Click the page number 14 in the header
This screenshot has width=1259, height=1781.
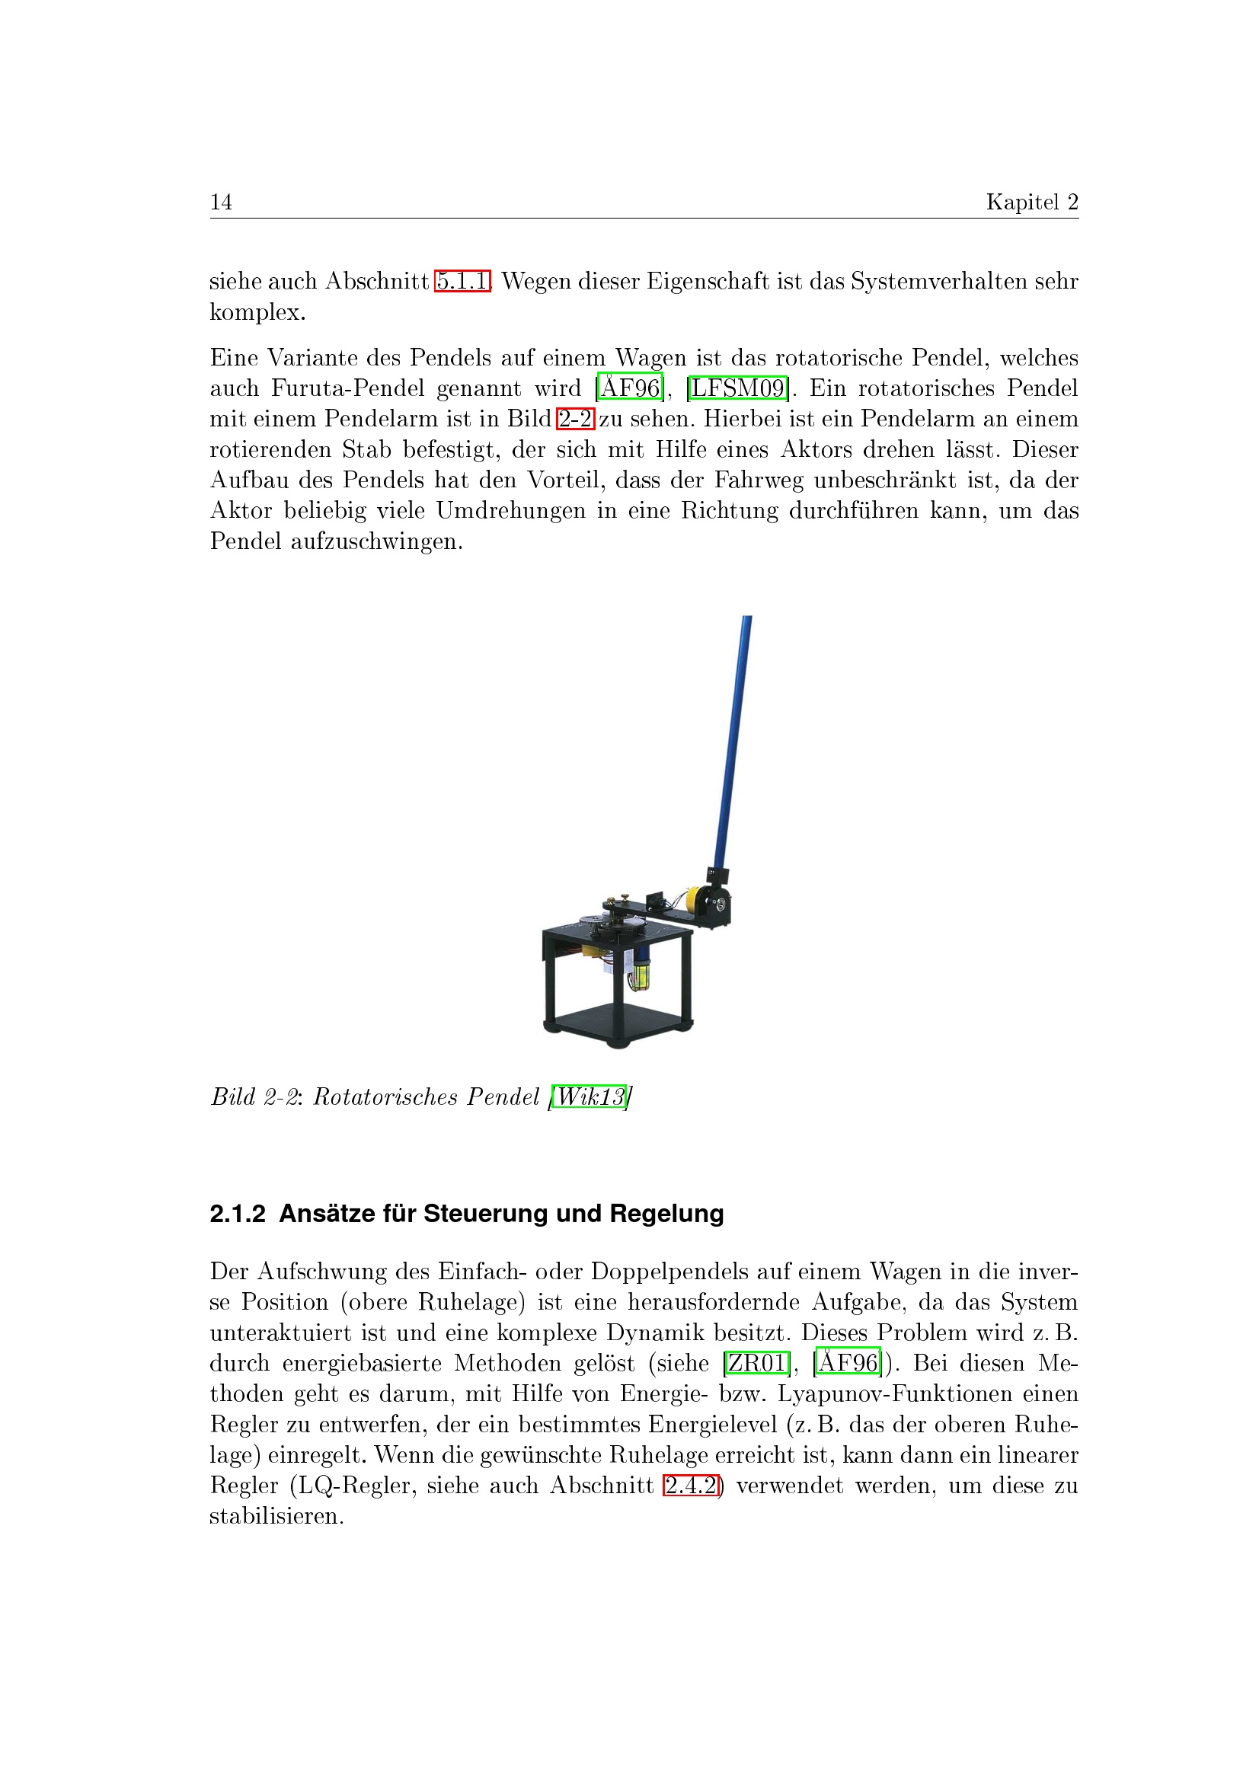pyautogui.click(x=221, y=202)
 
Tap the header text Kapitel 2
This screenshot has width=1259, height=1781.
pyautogui.click(x=1032, y=202)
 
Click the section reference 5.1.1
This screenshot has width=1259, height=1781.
pyautogui.click(x=462, y=280)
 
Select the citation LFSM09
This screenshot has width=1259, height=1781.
pyautogui.click(x=738, y=387)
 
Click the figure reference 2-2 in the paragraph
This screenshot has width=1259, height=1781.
pyautogui.click(x=575, y=418)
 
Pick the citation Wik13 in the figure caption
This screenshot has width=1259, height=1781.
pyautogui.click(x=590, y=1096)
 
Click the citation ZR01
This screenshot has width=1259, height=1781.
pyautogui.click(x=756, y=1363)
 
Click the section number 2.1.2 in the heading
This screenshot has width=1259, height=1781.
pyautogui.click(x=238, y=1213)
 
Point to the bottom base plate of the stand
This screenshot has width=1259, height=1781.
pyautogui.click(x=617, y=1021)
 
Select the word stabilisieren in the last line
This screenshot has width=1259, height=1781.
pyautogui.click(x=276, y=1516)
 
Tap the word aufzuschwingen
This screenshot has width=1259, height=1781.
pyautogui.click(x=376, y=541)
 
